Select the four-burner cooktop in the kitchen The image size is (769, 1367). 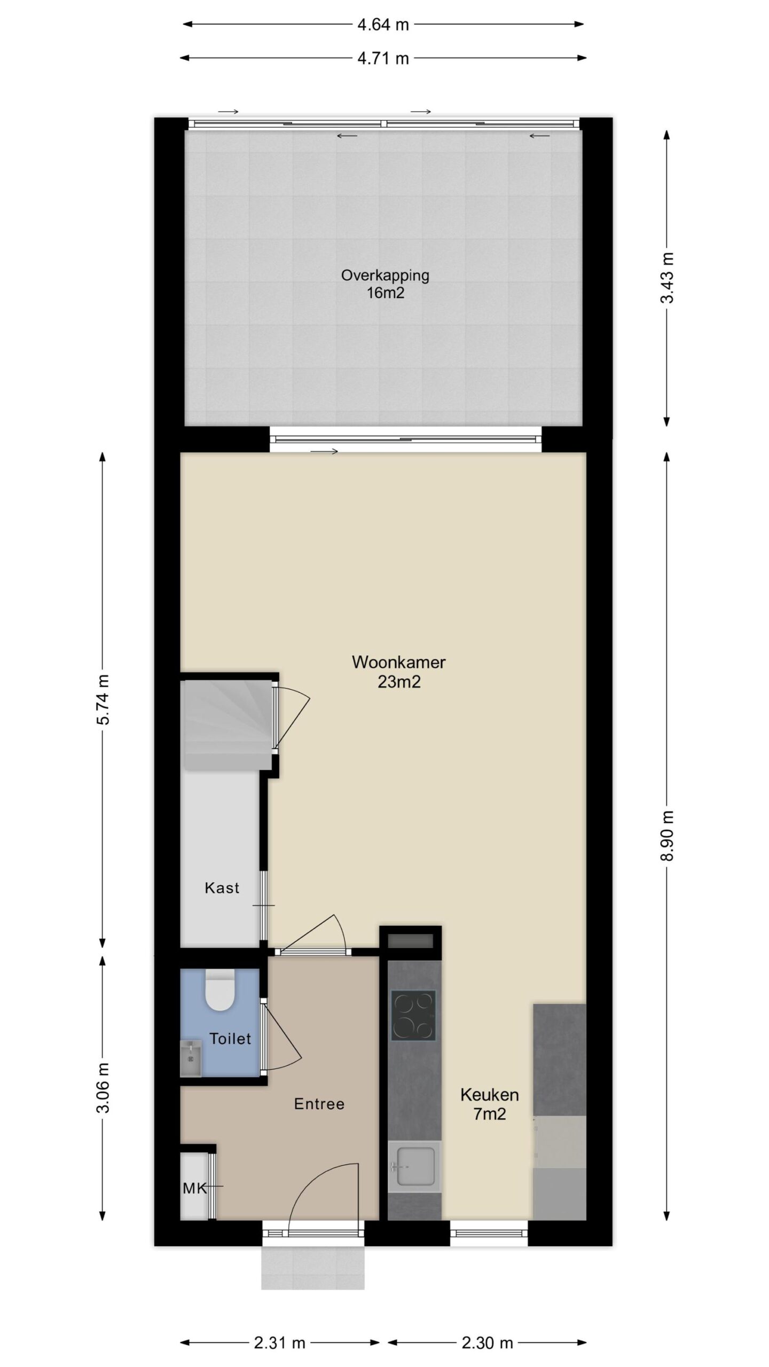[413, 1015]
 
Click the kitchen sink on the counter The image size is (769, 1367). [414, 1167]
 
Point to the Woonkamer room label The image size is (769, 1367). [399, 672]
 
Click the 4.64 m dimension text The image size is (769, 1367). [383, 25]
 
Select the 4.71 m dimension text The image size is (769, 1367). [383, 58]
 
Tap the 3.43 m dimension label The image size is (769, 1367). [668, 278]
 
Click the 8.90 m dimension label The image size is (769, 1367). [668, 836]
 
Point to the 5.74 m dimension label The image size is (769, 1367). [103, 700]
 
